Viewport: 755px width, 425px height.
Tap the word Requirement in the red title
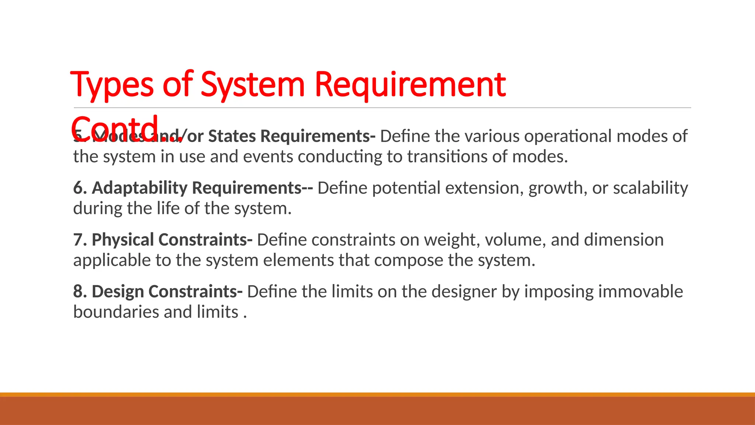click(x=410, y=85)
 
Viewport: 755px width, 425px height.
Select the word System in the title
click(x=253, y=85)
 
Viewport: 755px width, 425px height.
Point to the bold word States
click(x=232, y=136)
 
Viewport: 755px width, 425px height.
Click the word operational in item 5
click(x=568, y=136)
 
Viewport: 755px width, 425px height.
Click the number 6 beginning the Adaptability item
click(x=78, y=188)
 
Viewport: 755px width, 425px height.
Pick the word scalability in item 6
click(x=650, y=188)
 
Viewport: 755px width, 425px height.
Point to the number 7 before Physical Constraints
click(x=78, y=240)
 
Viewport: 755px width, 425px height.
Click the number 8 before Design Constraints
click(x=78, y=291)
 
